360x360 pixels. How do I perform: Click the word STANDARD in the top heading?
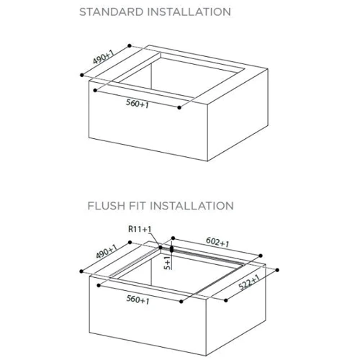coord(112,12)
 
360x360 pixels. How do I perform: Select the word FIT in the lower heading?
coord(138,206)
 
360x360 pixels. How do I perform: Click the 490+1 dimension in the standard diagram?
coord(104,57)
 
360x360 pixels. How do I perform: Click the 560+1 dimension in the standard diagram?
coord(138,104)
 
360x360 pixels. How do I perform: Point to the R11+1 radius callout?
coord(140,229)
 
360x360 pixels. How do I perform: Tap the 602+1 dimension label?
coord(217,242)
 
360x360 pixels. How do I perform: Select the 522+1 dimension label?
coord(250,282)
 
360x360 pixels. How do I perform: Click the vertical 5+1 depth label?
coord(168,263)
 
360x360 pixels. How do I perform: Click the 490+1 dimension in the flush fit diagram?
coord(107,251)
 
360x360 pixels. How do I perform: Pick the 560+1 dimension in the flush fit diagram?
coord(138,300)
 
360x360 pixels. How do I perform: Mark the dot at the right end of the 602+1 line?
coord(261,256)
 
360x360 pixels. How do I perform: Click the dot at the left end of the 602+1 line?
coord(173,238)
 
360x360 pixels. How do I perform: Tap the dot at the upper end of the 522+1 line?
coord(277,270)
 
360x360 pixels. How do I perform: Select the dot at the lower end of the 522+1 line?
coord(226,300)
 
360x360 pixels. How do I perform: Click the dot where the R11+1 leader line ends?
coord(161,247)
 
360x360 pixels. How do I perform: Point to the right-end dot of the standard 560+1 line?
coord(179,107)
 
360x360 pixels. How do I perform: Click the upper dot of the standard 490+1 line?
coord(130,45)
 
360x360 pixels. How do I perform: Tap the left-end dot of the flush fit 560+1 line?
coord(99,285)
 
